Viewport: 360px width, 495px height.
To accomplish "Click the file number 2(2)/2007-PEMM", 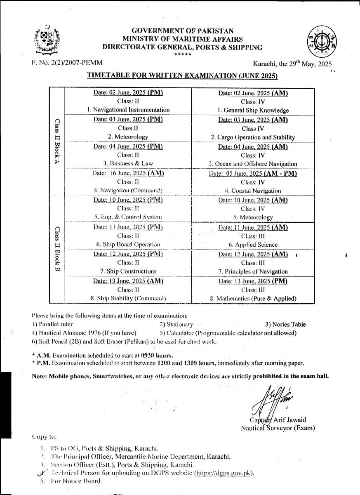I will click(67, 63).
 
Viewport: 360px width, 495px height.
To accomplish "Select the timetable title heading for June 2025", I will click(182, 76).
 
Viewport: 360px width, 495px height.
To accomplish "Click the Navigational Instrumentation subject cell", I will click(128, 110).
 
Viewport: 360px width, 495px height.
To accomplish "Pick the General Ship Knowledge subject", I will click(253, 110).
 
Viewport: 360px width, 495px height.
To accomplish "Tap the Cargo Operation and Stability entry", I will click(253, 137).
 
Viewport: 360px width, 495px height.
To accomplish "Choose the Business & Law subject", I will click(128, 164).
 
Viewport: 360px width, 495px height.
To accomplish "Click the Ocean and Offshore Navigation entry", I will click(253, 164).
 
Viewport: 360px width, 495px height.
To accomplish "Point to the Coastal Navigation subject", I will click(253, 191).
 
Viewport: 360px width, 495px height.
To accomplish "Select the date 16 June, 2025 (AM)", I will click(128, 173).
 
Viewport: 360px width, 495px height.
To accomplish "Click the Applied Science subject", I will click(253, 245).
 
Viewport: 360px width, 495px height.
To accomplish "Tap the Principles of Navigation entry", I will click(253, 271).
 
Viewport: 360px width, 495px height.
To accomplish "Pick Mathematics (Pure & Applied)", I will click(253, 298).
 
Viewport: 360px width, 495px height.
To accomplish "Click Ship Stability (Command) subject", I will click(128, 298).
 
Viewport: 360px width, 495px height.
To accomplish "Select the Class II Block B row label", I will click(57, 250).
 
